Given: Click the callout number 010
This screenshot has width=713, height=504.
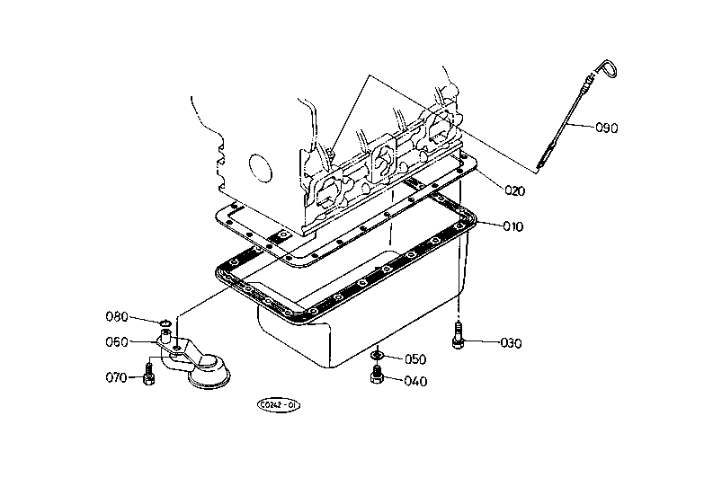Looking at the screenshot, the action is [512, 225].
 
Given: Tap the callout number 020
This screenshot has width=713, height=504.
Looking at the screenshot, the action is [514, 190].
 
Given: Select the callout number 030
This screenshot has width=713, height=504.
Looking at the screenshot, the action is [511, 343].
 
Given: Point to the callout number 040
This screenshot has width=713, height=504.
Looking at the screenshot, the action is [415, 381].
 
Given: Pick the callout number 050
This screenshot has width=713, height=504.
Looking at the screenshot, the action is [415, 359].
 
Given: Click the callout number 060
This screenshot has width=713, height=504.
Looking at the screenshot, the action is [117, 341].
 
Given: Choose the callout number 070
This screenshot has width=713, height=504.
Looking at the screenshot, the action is [116, 377].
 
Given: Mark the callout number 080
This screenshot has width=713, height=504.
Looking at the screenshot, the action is [117, 316].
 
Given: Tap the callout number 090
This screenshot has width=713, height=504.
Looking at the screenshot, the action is [607, 128].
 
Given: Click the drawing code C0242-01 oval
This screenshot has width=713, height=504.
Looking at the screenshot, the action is [279, 405].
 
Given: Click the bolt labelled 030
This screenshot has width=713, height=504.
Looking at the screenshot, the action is [458, 335].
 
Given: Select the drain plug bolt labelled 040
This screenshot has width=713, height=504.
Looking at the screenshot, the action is [377, 374].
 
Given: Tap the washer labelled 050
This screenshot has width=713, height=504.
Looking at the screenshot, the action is [377, 354].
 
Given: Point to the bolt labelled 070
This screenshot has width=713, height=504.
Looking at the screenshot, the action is [148, 374].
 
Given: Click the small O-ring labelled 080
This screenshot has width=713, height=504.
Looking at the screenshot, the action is [165, 323].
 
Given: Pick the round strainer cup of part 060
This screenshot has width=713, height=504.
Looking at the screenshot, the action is [209, 372].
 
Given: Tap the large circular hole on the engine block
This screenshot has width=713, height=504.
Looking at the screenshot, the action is [261, 168].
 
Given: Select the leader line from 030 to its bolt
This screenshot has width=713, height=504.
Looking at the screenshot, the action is [482, 341].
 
